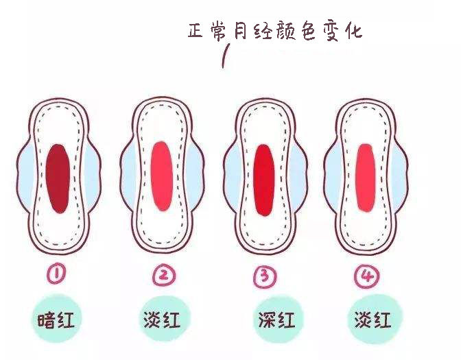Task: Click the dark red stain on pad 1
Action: point(58,178)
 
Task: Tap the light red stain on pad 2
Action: point(162,176)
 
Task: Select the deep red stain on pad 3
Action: point(264,180)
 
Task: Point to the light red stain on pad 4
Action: point(366,178)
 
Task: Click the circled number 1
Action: point(56,275)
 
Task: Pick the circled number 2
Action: point(164,276)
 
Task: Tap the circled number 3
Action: point(265,276)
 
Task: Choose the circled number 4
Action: point(366,276)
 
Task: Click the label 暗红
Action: point(56,320)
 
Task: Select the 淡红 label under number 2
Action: point(162,319)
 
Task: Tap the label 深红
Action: point(276,320)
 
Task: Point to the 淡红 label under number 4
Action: point(373,320)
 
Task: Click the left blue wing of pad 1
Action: point(24,176)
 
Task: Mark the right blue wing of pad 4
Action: point(399,176)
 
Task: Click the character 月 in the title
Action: point(239,30)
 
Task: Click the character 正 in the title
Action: point(196,30)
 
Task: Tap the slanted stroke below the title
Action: point(226,56)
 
